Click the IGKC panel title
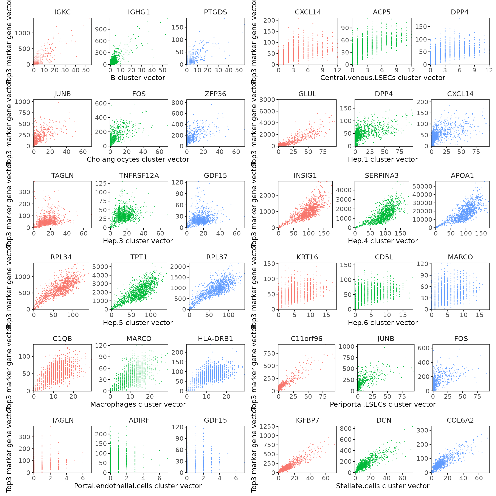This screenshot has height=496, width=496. tap(62, 12)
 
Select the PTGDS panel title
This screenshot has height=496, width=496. tap(215, 12)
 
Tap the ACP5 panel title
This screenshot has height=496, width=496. tap(381, 12)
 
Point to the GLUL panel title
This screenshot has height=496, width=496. tap(307, 94)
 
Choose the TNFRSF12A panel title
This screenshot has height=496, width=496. tap(139, 175)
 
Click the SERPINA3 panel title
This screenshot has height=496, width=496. tap(381, 175)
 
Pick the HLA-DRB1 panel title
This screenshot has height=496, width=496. tap(215, 339)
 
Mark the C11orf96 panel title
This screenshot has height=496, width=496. tap(307, 339)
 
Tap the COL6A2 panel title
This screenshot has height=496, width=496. tap(460, 420)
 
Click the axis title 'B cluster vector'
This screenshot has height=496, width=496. tap(138, 78)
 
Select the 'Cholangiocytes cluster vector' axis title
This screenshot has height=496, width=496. tap(138, 160)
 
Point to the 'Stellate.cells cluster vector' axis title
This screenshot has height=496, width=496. tap(383, 486)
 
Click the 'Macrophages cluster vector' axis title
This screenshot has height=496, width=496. tap(138, 404)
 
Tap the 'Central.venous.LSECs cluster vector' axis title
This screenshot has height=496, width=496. tap(383, 78)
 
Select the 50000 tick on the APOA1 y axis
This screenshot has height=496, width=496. tap(422, 186)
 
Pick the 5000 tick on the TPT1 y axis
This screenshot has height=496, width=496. tap(100, 267)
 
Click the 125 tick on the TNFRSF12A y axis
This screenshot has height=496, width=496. tap(101, 183)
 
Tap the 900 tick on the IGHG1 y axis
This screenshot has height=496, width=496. tap(101, 29)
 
